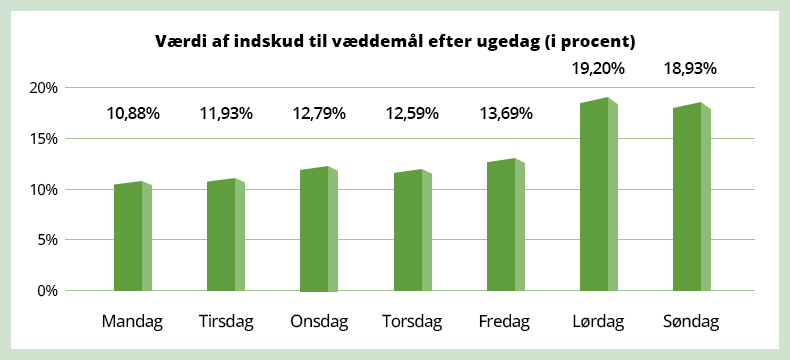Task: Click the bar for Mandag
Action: (132, 237)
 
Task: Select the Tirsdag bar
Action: (225, 236)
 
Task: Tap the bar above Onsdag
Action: (319, 230)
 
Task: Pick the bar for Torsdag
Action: (412, 232)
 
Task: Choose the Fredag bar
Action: (505, 226)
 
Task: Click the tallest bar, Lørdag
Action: (598, 195)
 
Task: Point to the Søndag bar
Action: (691, 198)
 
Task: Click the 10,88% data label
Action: (133, 113)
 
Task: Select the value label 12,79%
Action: (319, 113)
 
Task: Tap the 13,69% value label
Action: (505, 113)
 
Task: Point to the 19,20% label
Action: (598, 69)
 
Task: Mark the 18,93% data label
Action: (691, 69)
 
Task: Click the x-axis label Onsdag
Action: (319, 322)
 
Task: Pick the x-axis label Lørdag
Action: (598, 322)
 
